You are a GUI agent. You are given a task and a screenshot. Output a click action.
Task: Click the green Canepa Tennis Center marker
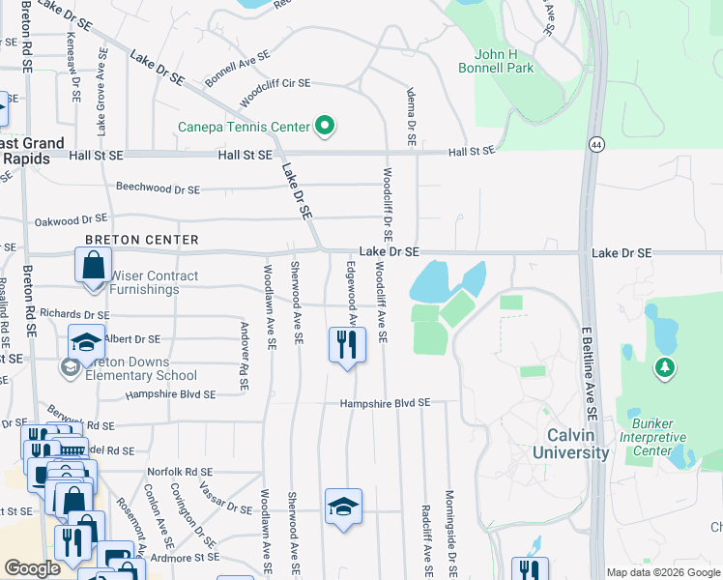point(325,127)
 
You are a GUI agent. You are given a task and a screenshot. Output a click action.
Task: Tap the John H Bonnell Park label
point(504,61)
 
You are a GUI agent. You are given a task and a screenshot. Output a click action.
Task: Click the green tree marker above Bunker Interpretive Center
point(663,367)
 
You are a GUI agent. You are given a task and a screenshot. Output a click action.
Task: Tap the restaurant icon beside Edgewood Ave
point(347,344)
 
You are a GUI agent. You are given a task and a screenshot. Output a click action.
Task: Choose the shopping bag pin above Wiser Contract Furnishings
point(94,264)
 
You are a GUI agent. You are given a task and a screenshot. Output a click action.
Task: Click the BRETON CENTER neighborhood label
point(141,240)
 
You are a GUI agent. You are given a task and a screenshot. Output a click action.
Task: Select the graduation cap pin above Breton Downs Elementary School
point(85,342)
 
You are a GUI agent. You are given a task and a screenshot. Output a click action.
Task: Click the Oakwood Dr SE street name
point(71,220)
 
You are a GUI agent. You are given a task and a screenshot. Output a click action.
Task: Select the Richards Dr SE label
point(74,315)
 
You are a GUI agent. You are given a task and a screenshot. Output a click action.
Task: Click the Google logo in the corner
point(33,568)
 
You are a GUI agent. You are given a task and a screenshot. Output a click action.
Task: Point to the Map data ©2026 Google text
point(662,572)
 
